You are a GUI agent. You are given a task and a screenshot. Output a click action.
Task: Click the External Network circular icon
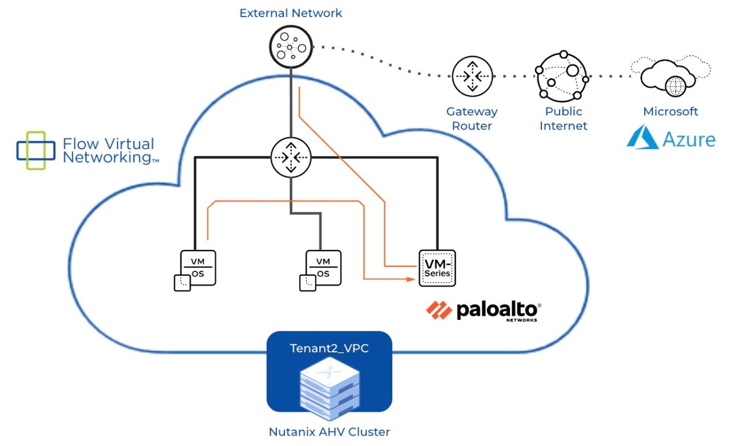(291, 47)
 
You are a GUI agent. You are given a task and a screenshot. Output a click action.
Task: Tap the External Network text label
(291, 13)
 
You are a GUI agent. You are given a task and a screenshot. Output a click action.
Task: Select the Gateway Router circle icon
(472, 76)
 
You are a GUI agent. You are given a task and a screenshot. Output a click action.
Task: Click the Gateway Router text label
(472, 119)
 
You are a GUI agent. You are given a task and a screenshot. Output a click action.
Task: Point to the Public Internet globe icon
(563, 75)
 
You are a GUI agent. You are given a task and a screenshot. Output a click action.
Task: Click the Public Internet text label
(563, 119)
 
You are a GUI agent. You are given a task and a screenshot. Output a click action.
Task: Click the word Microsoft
(670, 112)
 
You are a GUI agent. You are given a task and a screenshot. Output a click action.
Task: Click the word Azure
(689, 139)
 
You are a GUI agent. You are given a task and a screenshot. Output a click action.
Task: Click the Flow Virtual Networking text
(109, 151)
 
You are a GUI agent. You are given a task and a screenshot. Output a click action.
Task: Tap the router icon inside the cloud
(291, 156)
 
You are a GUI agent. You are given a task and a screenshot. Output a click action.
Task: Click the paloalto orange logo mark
(439, 310)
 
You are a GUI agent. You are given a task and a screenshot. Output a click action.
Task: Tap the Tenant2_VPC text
(329, 348)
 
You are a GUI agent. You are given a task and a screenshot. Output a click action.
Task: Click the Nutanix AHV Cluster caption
(329, 432)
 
